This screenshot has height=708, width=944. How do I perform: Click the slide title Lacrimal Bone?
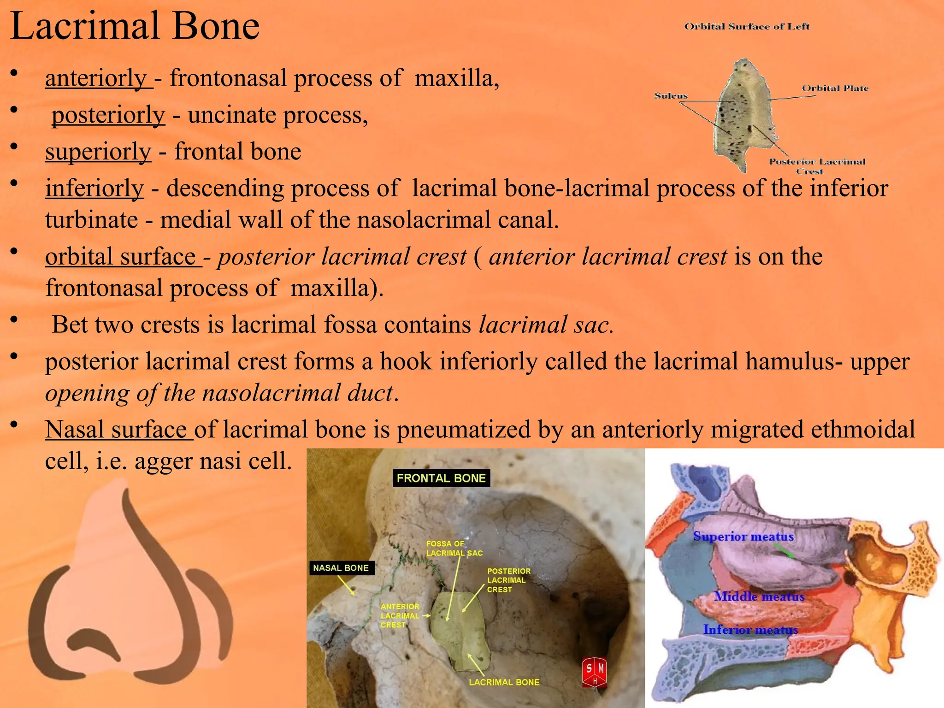(x=135, y=27)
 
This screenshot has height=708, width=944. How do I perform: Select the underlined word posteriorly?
(x=108, y=115)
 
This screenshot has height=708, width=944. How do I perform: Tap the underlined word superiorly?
(x=98, y=152)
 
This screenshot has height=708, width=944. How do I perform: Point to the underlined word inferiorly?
(x=94, y=189)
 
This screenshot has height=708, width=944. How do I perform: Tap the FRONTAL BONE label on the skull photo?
(x=441, y=478)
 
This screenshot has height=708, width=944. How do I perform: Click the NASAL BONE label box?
(x=341, y=568)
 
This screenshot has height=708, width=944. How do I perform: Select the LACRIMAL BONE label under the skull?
(x=504, y=682)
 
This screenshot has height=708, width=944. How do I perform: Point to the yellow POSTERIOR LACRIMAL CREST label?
(x=508, y=580)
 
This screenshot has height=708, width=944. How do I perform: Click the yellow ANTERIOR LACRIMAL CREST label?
(x=400, y=616)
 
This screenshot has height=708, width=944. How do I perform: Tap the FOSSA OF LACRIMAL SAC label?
(x=454, y=549)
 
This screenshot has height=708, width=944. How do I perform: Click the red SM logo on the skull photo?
(x=595, y=673)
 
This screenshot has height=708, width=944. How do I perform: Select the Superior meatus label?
(x=743, y=537)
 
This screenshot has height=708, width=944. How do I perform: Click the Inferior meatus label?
(x=750, y=630)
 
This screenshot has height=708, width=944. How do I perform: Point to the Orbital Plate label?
(x=835, y=88)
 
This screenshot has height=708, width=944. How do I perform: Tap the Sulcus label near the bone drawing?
(x=671, y=96)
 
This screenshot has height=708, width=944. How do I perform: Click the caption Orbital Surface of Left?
(x=747, y=27)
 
